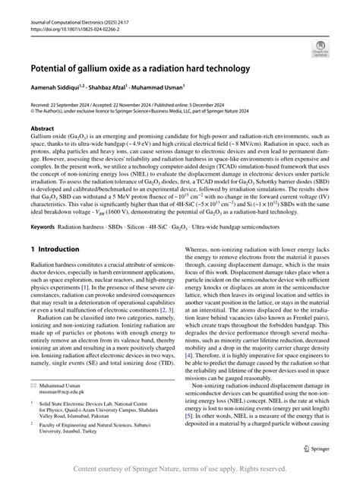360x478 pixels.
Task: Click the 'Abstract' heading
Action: [43, 129]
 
